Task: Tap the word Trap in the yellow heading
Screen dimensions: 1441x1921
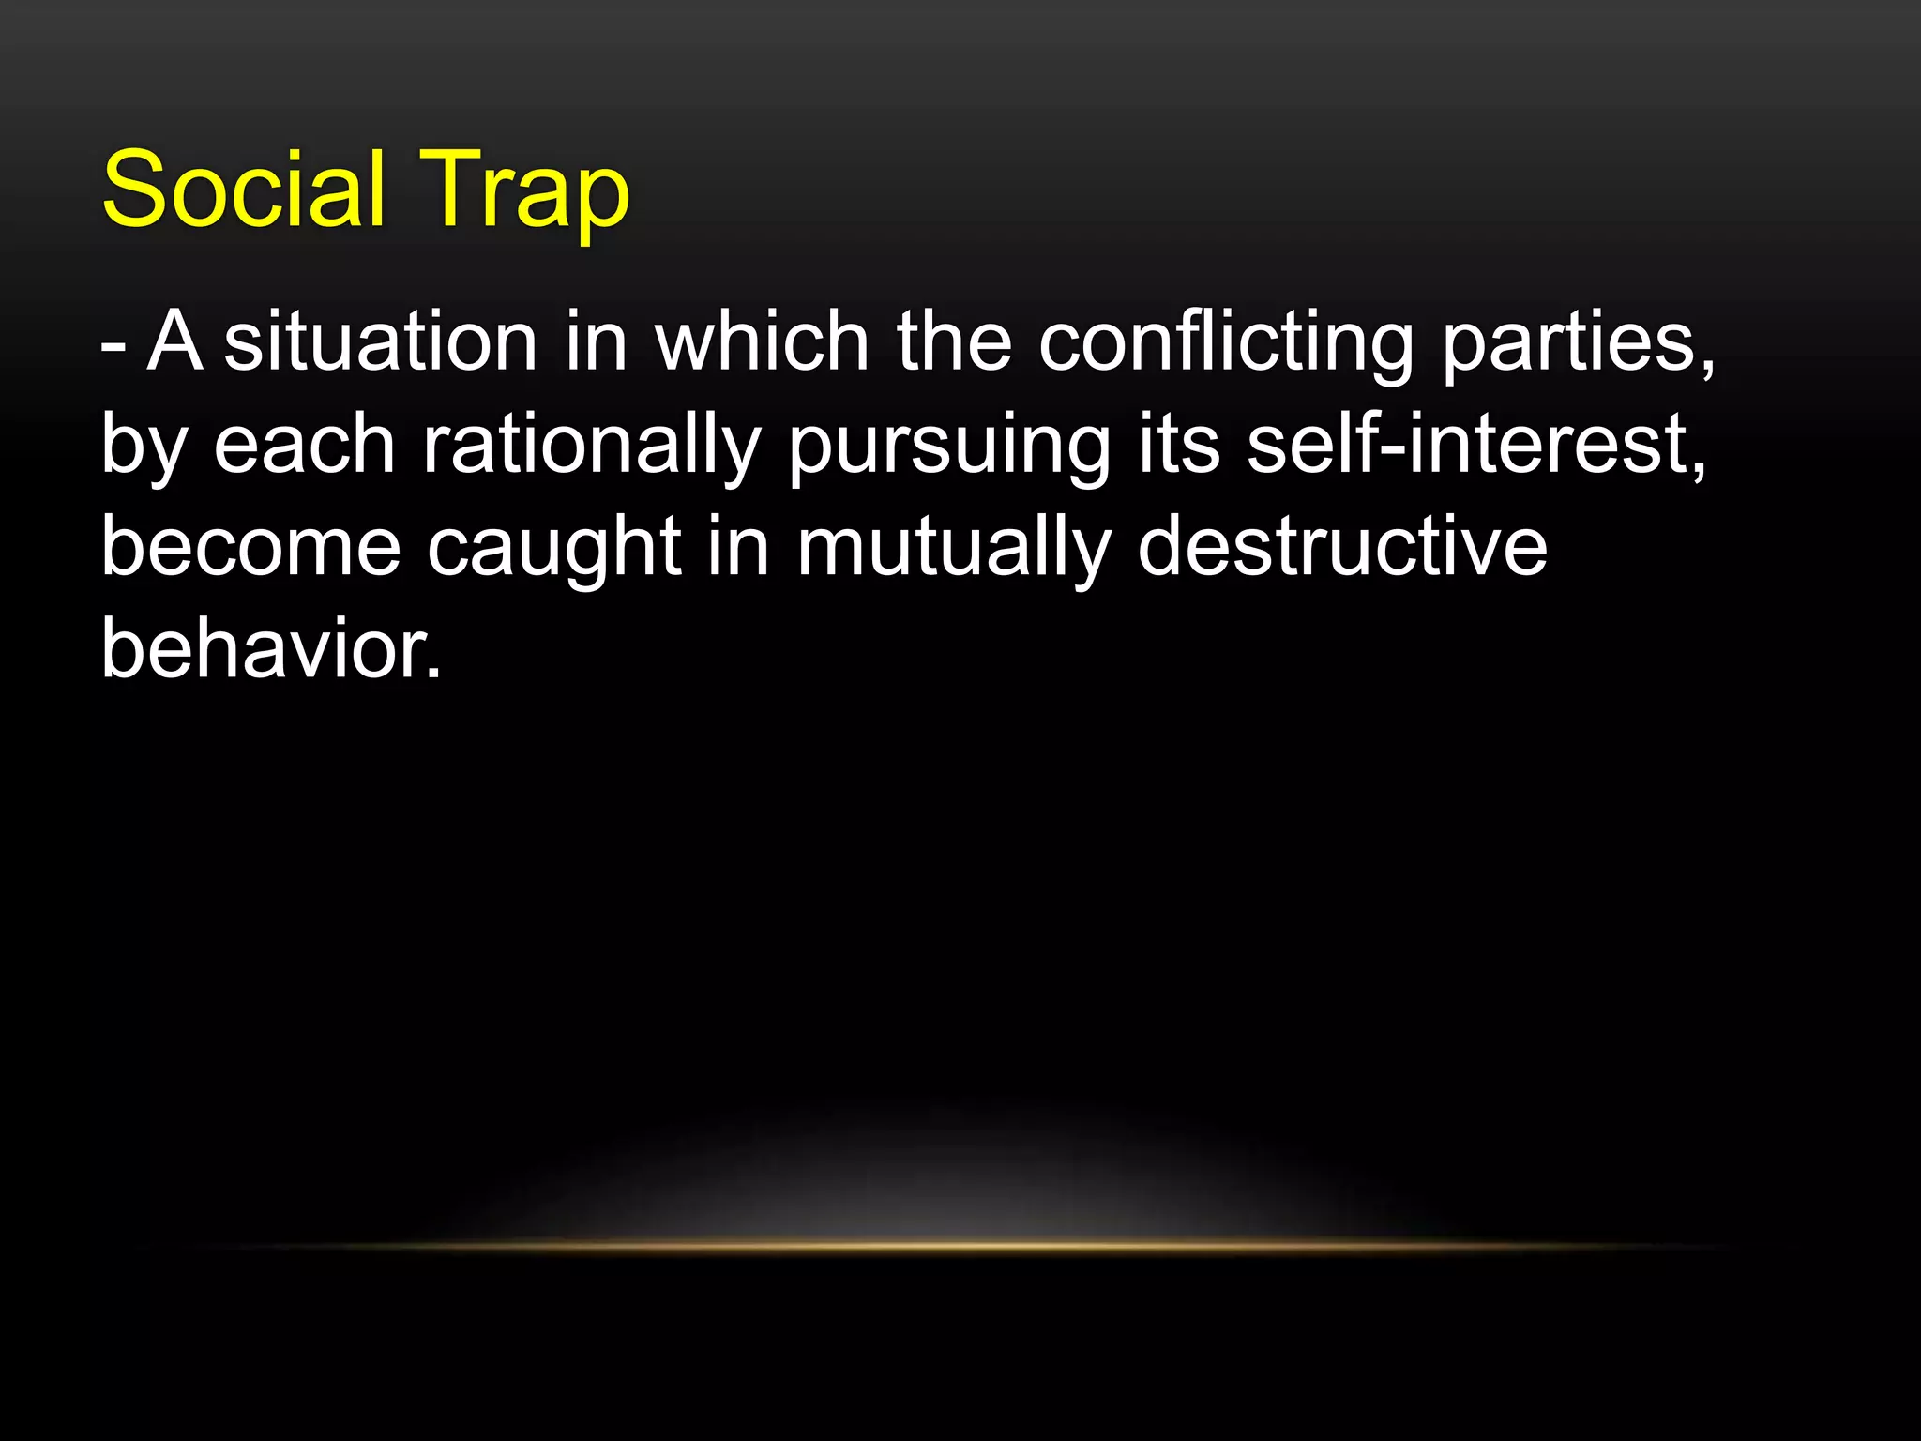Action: [x=524, y=190]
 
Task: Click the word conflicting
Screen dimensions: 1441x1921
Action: [x=1226, y=342]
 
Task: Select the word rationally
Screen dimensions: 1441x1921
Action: [x=591, y=446]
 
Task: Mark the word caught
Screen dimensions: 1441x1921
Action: [x=553, y=549]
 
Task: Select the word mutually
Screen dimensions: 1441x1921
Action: [x=954, y=549]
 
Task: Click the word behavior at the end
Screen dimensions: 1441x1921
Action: [x=269, y=649]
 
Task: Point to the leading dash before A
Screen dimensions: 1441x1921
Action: [x=113, y=345]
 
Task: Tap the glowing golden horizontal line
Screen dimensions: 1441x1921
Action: [x=960, y=1246]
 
